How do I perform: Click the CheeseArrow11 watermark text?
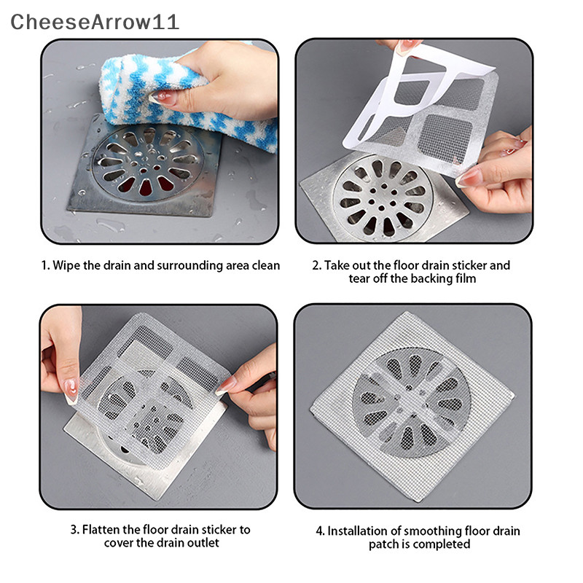95,22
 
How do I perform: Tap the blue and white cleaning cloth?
186,97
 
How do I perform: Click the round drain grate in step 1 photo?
148,163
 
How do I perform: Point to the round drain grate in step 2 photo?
383,197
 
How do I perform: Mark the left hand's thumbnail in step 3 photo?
71,391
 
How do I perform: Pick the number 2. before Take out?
316,266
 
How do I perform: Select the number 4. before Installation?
320,531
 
